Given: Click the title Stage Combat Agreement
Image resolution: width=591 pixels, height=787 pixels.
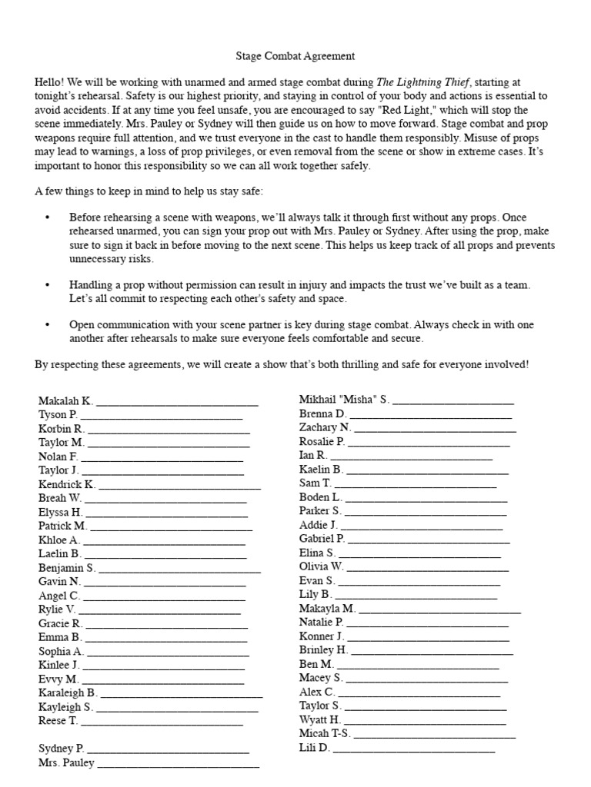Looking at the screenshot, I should (x=295, y=56).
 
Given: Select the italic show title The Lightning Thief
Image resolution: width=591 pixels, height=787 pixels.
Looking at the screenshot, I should (x=422, y=82).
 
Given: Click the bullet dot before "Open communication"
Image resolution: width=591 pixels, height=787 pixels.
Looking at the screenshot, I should (x=47, y=325).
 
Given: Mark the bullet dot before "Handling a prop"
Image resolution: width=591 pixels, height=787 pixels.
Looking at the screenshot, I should (x=47, y=284).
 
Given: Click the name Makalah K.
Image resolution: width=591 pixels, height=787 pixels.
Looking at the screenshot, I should (x=65, y=400).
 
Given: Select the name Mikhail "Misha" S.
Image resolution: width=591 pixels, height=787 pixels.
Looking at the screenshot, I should (x=344, y=400).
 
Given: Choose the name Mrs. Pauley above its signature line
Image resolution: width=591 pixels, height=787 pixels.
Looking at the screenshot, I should (x=66, y=763).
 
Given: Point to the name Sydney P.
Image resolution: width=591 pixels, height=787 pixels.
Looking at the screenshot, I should (x=62, y=748).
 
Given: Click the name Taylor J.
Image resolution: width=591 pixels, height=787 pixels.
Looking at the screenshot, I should (x=58, y=470).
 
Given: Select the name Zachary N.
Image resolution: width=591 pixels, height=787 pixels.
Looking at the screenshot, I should (x=325, y=427).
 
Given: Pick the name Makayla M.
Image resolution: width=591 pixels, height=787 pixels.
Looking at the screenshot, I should (x=327, y=608).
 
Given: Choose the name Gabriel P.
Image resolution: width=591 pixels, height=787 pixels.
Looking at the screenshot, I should (x=322, y=539).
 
